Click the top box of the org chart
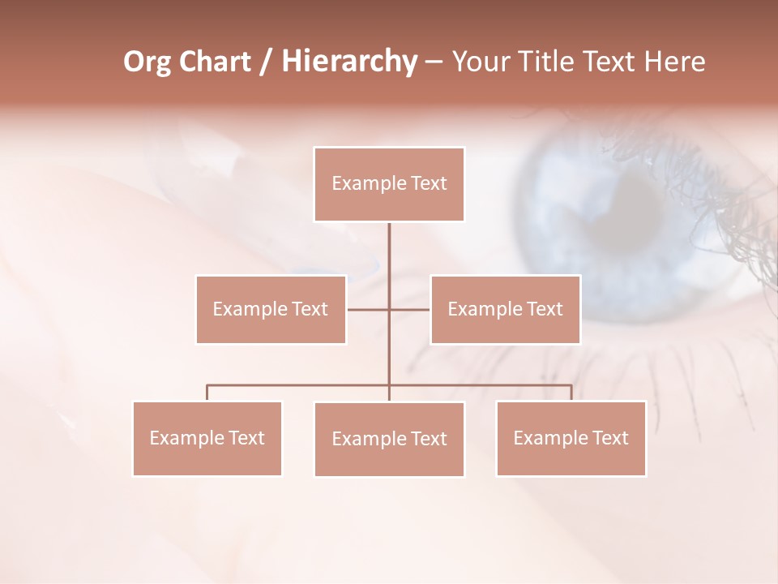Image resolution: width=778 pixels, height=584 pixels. [389, 184]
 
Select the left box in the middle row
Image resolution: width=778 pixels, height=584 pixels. [271, 309]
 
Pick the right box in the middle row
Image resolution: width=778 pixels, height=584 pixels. [505, 309]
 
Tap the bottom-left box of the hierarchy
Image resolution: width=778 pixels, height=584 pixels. [207, 438]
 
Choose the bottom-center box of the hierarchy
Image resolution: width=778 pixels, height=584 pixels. [389, 439]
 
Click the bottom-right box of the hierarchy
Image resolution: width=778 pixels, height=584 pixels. [571, 438]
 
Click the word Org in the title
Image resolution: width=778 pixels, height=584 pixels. [148, 62]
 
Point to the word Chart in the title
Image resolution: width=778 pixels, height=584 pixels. [216, 62]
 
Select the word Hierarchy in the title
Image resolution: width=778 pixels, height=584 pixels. [348, 62]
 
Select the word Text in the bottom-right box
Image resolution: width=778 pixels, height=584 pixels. [609, 438]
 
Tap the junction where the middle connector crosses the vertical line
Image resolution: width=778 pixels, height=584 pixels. [389, 309]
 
